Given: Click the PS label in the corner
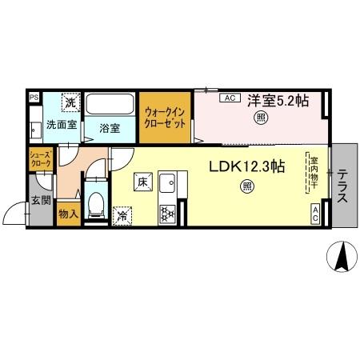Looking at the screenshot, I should [34, 98].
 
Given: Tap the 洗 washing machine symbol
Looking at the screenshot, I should [70, 102].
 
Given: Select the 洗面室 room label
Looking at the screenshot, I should [61, 125].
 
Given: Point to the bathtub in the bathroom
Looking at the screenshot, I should [110, 105].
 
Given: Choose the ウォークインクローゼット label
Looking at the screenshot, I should [166, 118].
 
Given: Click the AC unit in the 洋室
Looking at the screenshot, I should [228, 98].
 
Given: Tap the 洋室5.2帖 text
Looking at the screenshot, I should [277, 100].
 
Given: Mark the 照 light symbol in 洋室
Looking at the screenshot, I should [261, 118].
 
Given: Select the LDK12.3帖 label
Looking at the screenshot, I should [247, 167].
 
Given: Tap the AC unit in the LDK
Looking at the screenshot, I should [315, 213].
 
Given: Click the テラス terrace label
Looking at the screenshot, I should [342, 186].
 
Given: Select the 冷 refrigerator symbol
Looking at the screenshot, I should [124, 214].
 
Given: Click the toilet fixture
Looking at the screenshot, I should [95, 206].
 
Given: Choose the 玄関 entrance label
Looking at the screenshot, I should [40, 200].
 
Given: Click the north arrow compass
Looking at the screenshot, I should [342, 258].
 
